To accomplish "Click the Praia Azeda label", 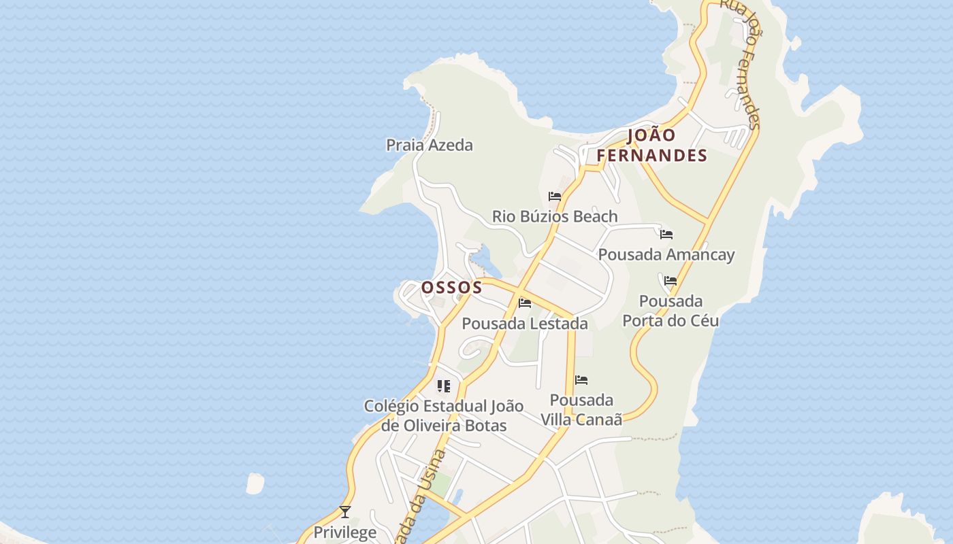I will coord(429,145).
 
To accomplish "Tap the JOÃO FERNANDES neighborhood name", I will coord(652,146).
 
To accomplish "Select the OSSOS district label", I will coord(452,288).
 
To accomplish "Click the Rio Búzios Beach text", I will coord(555,216).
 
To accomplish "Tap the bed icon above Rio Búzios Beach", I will coord(555,197).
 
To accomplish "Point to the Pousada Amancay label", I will coord(666,254).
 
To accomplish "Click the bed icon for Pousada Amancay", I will coord(666,235).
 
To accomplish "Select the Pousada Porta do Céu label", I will coord(671,311).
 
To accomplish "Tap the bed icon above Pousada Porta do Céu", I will coord(671,281).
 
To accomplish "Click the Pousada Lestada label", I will coord(524,324).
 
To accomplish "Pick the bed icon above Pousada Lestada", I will coord(525,303).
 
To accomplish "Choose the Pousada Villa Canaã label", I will coord(581,409).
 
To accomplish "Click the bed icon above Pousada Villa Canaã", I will coord(581,380).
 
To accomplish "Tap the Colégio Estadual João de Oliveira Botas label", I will coord(444,415).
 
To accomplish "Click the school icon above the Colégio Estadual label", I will coord(444,386).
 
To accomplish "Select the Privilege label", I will coord(344,532).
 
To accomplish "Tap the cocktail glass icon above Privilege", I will coord(345,512).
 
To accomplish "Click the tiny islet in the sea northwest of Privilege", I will coord(255,483).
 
